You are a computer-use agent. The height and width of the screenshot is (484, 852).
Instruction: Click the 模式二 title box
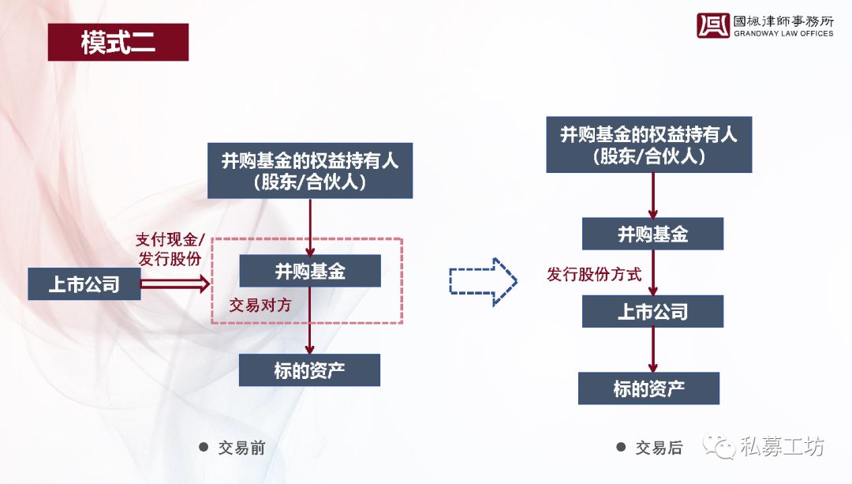tap(118, 42)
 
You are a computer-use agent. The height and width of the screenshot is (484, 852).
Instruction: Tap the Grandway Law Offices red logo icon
tap(712, 25)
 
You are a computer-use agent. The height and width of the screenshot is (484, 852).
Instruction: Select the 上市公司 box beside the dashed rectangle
tap(84, 284)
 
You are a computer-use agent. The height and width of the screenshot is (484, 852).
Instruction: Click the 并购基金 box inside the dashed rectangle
tap(310, 271)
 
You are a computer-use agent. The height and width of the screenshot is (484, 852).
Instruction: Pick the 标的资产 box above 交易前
tap(309, 370)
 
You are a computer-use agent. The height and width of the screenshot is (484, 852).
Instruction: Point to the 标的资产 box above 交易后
tap(648, 388)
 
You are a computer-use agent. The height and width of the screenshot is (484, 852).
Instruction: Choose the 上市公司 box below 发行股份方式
tap(652, 311)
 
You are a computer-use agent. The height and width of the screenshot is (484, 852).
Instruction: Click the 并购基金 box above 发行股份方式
tap(652, 234)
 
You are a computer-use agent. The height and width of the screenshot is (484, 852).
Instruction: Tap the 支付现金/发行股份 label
tap(170, 249)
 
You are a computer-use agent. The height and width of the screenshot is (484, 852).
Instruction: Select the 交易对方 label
tap(260, 305)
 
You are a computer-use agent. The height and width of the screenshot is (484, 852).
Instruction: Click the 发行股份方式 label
tap(594, 274)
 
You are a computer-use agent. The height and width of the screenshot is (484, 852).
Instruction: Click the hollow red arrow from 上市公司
tap(175, 283)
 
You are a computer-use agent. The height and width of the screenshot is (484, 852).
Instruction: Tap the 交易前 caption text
tap(242, 448)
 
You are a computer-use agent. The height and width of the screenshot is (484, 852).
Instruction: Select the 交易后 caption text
tap(659, 448)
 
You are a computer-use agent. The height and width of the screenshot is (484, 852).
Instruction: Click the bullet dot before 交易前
tap(204, 447)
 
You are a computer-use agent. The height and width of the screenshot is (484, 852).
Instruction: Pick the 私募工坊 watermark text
tap(782, 446)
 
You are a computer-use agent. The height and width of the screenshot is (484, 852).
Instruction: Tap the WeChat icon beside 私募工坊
tap(719, 446)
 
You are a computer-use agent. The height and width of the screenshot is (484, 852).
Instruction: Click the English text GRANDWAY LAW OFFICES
tap(783, 33)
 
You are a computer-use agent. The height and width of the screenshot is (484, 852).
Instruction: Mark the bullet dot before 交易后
tap(621, 447)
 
